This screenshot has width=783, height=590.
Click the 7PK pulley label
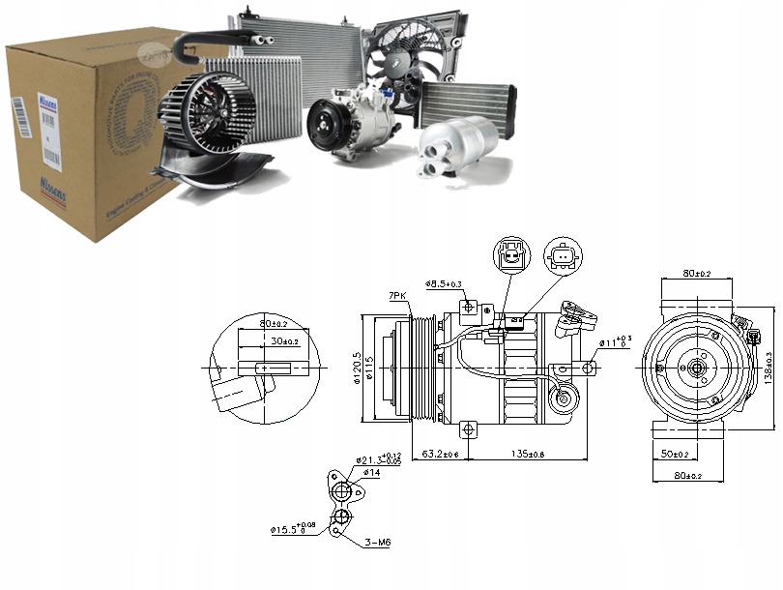point(397,296)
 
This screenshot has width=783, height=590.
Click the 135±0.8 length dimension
point(526,452)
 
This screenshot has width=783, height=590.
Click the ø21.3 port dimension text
point(375,458)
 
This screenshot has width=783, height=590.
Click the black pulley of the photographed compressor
point(327,126)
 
